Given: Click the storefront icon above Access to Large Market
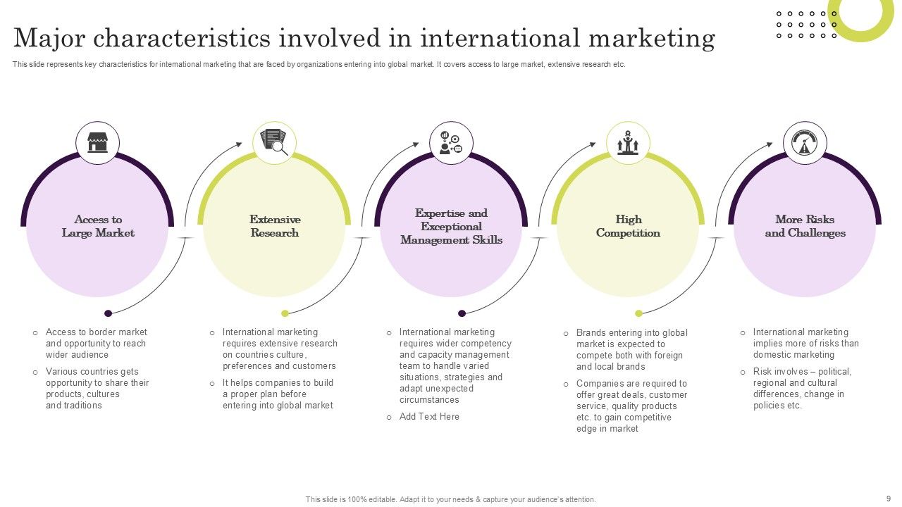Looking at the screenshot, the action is pyautogui.click(x=97, y=143).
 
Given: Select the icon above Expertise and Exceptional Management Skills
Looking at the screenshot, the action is pyautogui.click(x=451, y=143).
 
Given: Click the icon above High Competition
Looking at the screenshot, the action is pyautogui.click(x=628, y=143).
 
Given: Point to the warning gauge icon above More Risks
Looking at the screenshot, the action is pyautogui.click(x=805, y=143).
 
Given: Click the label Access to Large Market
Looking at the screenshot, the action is pyautogui.click(x=98, y=226).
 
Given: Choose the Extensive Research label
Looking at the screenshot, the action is pyautogui.click(x=275, y=226).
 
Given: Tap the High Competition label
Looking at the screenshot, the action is pyautogui.click(x=628, y=226).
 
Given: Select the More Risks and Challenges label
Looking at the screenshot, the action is pyautogui.click(x=805, y=226).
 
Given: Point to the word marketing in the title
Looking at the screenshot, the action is pyautogui.click(x=646, y=37).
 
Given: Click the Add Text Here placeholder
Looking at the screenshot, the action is pyautogui.click(x=429, y=417).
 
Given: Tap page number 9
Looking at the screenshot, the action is pyautogui.click(x=888, y=498).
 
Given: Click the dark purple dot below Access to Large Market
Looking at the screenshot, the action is pyautogui.click(x=108, y=313).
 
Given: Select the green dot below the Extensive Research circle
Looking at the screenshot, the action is pyautogui.click(x=285, y=313).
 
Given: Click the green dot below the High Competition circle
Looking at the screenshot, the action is pyautogui.click(x=638, y=313).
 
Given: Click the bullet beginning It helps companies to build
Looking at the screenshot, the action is pyautogui.click(x=278, y=394).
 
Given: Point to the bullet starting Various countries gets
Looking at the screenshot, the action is pyautogui.click(x=97, y=389).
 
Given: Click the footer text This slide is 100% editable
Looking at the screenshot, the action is pyautogui.click(x=450, y=499).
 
